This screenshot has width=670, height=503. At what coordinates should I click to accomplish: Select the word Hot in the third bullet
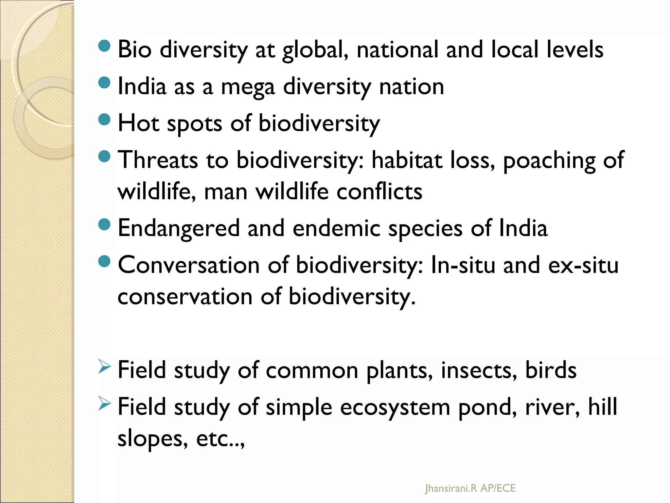click(x=138, y=123)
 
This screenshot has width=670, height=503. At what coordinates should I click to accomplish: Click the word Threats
click(x=158, y=160)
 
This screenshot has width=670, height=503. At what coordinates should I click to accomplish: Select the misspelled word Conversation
click(x=188, y=265)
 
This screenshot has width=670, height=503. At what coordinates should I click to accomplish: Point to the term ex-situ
click(x=583, y=265)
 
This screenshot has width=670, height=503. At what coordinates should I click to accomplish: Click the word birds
click(x=551, y=370)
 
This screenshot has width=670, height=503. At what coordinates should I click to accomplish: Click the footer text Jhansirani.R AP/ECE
click(x=470, y=488)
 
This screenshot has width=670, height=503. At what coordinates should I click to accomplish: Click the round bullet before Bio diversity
click(x=104, y=46)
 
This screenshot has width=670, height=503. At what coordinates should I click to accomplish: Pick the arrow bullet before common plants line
click(x=104, y=367)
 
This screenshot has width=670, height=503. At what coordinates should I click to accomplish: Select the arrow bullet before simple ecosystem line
click(x=104, y=404)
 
